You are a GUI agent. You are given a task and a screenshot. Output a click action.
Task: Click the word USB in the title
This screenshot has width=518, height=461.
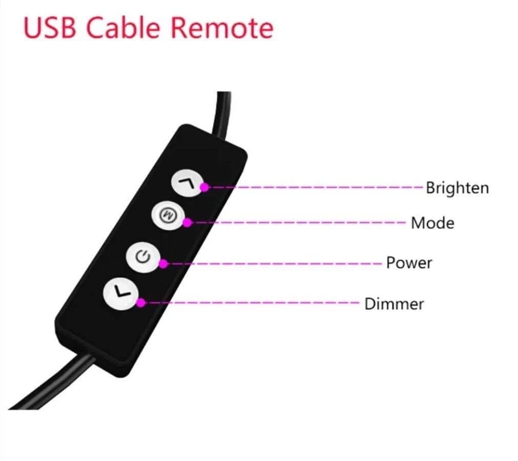coord(50,28)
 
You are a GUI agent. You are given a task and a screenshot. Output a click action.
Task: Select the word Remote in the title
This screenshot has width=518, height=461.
coord(222,28)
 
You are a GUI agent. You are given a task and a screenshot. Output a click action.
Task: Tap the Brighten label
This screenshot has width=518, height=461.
coord(457,188)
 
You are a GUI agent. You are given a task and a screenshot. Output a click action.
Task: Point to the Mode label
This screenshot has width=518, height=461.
coord(432,223)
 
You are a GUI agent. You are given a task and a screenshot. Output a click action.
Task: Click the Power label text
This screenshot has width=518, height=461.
coord(409,263)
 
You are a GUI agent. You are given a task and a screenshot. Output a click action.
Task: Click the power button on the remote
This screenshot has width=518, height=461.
coord(143,257)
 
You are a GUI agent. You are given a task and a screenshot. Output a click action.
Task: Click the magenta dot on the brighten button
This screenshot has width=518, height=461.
coord(204,187)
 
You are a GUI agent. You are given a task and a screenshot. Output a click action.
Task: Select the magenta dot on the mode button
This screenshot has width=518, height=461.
coord(187,223)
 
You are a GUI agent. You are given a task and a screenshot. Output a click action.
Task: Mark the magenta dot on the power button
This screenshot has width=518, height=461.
coord(163,264)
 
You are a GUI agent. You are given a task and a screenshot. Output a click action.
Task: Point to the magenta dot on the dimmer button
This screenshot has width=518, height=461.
coord(141,303)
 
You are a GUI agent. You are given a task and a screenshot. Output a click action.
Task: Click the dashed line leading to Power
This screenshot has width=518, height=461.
coord(275,264)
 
